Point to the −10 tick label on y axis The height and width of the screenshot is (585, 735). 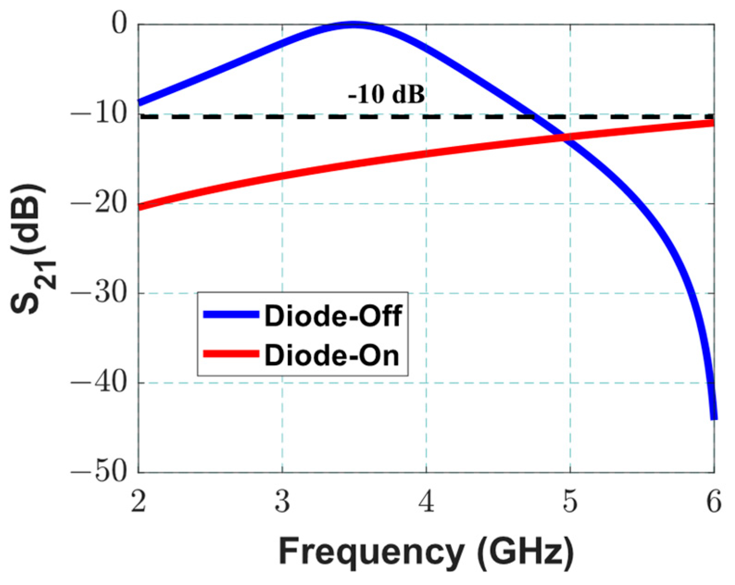coord(98,113)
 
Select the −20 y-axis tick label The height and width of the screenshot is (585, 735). coord(98,203)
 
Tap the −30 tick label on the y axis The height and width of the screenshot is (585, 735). coord(98,293)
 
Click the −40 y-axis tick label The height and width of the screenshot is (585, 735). coord(98,383)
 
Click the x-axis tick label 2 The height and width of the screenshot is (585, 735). coord(138,502)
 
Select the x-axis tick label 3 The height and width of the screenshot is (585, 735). coord(282,502)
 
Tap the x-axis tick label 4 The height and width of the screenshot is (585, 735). coord(426,502)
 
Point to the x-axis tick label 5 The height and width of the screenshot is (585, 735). coord(570,502)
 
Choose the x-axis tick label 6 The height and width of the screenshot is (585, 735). coord(714,502)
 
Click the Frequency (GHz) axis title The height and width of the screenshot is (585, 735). coord(426,552)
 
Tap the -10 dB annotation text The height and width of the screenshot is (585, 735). coord(386,95)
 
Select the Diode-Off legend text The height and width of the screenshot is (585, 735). coord(333,316)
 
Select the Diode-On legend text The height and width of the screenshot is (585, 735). coord(331,355)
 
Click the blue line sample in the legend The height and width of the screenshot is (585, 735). coord(231,314)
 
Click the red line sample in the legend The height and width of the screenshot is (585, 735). coord(231,354)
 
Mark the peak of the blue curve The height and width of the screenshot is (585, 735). coord(354,25)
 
